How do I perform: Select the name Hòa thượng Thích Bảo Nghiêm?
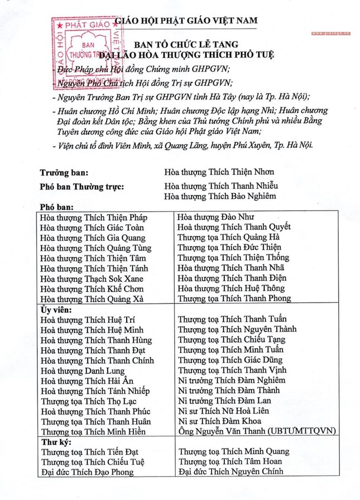tap(219, 196)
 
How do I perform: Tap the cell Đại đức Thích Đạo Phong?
tap(88, 472)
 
